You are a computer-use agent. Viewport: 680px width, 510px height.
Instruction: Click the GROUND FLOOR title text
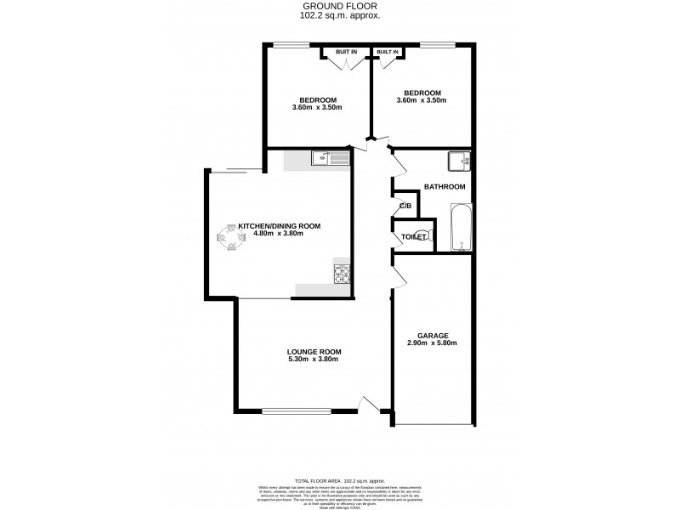pos(340,6)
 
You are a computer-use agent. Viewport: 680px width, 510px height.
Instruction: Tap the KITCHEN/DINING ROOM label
pos(279,225)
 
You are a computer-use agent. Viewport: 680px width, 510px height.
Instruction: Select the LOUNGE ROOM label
pos(313,351)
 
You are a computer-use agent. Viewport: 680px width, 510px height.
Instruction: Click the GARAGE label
pos(432,335)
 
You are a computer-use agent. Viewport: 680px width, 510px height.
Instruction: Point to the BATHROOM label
pos(445,187)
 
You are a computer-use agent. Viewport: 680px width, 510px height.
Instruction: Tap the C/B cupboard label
pos(405,207)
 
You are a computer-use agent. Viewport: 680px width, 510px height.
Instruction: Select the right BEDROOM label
pos(422,93)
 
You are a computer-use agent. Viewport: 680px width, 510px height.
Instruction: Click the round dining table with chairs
pos(229,238)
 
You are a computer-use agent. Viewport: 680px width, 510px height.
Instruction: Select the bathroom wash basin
pos(458,159)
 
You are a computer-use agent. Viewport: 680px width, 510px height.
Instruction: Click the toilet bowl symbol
pos(429,236)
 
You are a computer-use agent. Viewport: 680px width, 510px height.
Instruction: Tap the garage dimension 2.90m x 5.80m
pos(432,343)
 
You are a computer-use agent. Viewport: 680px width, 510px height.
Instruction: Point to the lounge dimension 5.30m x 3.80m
pos(313,360)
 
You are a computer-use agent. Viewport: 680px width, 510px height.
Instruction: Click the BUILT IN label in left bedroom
pos(346,53)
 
